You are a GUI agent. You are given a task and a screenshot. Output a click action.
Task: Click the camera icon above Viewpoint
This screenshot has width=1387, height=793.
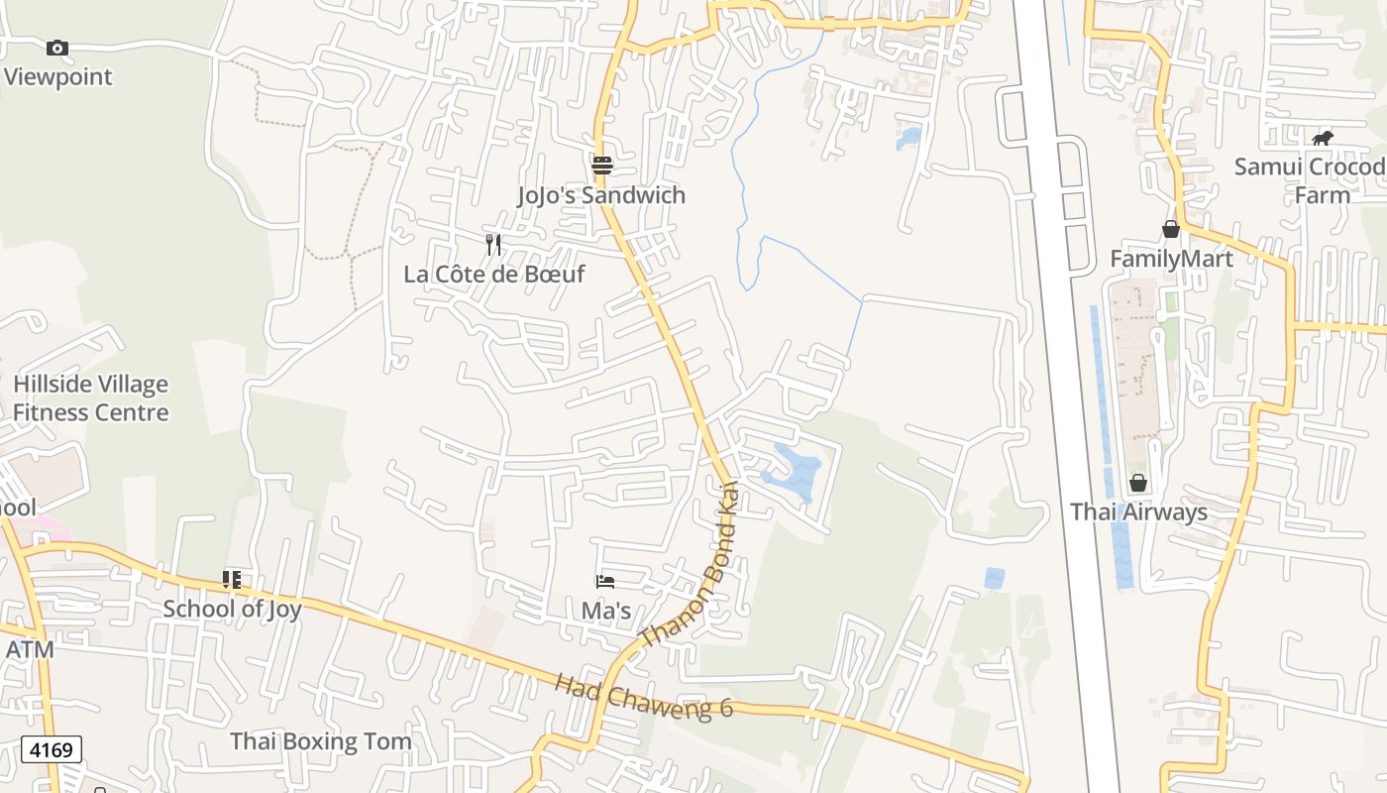[x=57, y=48]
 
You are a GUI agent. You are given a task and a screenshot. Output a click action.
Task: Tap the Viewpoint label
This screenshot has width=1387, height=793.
[x=57, y=76]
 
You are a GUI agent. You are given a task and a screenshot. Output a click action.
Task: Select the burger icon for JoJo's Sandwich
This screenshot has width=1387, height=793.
[x=601, y=165]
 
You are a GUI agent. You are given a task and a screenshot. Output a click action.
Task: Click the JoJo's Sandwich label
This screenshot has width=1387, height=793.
[x=601, y=194]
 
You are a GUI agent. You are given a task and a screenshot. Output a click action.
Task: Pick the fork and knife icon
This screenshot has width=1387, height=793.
[x=493, y=244]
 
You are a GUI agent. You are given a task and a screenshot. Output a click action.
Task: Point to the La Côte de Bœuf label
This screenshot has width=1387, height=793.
[x=494, y=274]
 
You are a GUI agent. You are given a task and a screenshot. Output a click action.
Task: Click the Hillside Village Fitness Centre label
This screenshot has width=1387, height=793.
[x=90, y=397]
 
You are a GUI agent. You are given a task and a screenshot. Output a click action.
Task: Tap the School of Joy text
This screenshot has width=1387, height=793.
[x=232, y=608]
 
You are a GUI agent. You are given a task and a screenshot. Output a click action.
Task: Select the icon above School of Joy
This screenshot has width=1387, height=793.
[x=232, y=579]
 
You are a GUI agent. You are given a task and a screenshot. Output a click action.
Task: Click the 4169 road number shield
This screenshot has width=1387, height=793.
[x=52, y=749]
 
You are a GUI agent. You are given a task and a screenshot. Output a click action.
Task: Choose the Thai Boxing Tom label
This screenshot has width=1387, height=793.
[x=320, y=740]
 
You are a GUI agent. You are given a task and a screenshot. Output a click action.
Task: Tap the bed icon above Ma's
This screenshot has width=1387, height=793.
[x=605, y=581]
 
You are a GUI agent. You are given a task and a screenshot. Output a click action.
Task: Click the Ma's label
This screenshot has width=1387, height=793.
[x=605, y=610]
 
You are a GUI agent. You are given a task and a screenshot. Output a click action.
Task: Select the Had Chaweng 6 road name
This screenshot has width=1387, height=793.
[x=643, y=696]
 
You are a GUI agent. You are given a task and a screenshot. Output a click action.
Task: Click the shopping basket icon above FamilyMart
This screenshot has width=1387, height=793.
[x=1171, y=229]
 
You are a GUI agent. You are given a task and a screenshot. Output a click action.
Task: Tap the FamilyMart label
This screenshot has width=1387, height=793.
[x=1171, y=259]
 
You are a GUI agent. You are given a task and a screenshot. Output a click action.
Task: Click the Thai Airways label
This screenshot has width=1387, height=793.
[x=1138, y=511]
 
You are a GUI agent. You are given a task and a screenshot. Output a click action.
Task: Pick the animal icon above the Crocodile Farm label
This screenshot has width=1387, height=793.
[x=1323, y=138]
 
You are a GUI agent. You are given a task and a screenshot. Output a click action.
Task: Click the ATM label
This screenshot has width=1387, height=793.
[x=30, y=649]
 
